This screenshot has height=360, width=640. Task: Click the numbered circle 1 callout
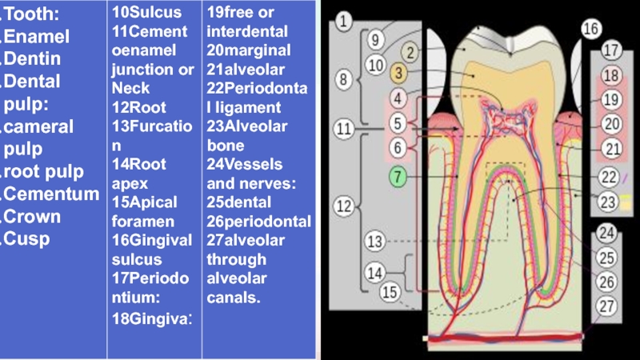[x=344, y=22]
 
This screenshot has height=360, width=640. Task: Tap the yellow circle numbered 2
[x=410, y=54]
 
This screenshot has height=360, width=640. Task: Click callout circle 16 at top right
[x=590, y=30]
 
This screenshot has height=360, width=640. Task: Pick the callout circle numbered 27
[x=607, y=305]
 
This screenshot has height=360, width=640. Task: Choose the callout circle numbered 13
[x=374, y=241]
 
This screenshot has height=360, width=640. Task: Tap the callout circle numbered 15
[x=390, y=293]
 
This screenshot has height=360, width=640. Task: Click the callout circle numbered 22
[x=610, y=177]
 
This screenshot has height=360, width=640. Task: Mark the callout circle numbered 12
[x=344, y=206]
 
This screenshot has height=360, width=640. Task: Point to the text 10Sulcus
[x=146, y=12]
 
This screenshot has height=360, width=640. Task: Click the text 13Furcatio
[x=151, y=126]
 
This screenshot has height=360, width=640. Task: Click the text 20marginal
[x=248, y=50]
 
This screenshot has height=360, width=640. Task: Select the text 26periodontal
[x=258, y=222]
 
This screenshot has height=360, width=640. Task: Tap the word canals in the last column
[x=233, y=298]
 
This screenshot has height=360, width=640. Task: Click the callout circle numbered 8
[x=344, y=80]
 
